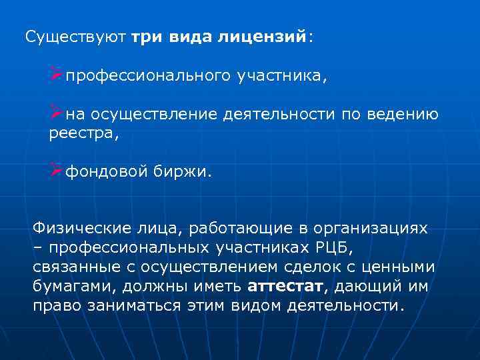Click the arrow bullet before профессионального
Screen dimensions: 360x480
click(x=55, y=75)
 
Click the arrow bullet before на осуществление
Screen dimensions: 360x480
click(x=55, y=114)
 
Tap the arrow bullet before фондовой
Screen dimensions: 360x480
click(x=55, y=172)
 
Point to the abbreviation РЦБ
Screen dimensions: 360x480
click(x=329, y=248)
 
